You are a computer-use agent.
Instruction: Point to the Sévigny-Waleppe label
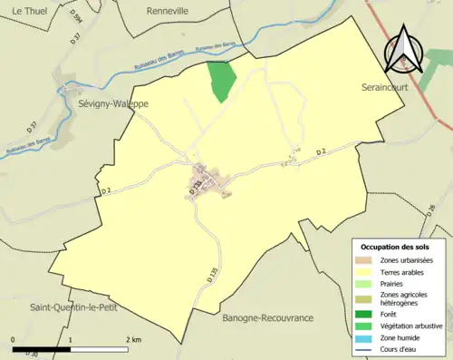click(x=103, y=104)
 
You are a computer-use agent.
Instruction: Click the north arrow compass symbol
click(x=404, y=50)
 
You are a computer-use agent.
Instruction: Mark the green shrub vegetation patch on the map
click(x=220, y=81)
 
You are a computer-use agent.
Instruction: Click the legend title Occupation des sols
click(x=395, y=247)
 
